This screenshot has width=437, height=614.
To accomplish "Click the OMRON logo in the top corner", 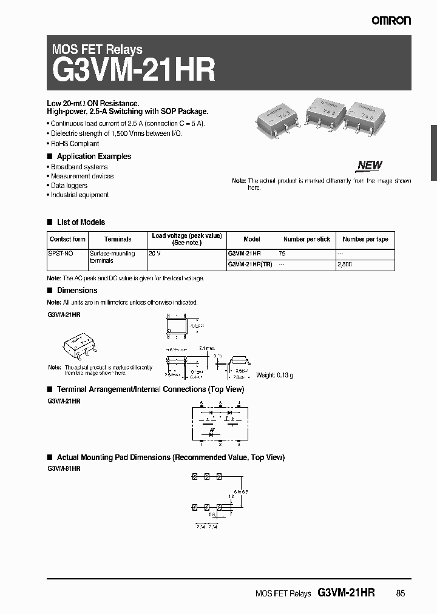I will (x=391, y=21).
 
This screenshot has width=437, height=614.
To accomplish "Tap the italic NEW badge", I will (x=370, y=165).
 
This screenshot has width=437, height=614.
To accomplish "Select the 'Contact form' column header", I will (x=67, y=239).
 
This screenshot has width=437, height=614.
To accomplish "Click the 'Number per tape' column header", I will (x=365, y=239).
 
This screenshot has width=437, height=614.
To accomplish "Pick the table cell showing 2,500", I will (x=344, y=265).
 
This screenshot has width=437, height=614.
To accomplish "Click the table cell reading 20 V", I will (x=155, y=254).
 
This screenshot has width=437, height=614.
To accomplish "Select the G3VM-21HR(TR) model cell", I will (x=249, y=265).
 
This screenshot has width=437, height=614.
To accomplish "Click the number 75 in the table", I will (x=282, y=254).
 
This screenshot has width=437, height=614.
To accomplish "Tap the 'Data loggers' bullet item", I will (x=69, y=186).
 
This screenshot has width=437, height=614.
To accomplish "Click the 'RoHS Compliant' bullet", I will (x=75, y=144).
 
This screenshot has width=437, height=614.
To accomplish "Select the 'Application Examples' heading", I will (x=93, y=157).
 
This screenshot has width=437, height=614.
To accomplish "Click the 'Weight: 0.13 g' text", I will (x=274, y=376).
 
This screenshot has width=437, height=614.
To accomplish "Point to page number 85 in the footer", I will (x=400, y=593).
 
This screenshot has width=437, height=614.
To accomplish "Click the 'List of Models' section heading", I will (x=81, y=222).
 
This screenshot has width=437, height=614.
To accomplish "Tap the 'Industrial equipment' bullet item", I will (x=80, y=195).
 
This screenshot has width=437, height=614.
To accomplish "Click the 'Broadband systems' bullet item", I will (x=79, y=167).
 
